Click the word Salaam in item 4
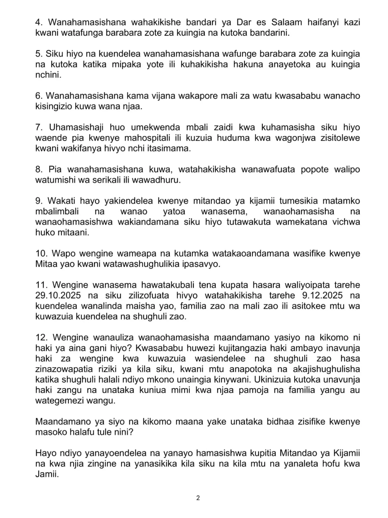click(x=286, y=22)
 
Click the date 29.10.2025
click(x=58, y=295)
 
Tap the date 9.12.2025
click(x=322, y=295)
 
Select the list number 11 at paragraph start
click(x=41, y=285)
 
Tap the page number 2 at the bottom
click(x=198, y=498)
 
